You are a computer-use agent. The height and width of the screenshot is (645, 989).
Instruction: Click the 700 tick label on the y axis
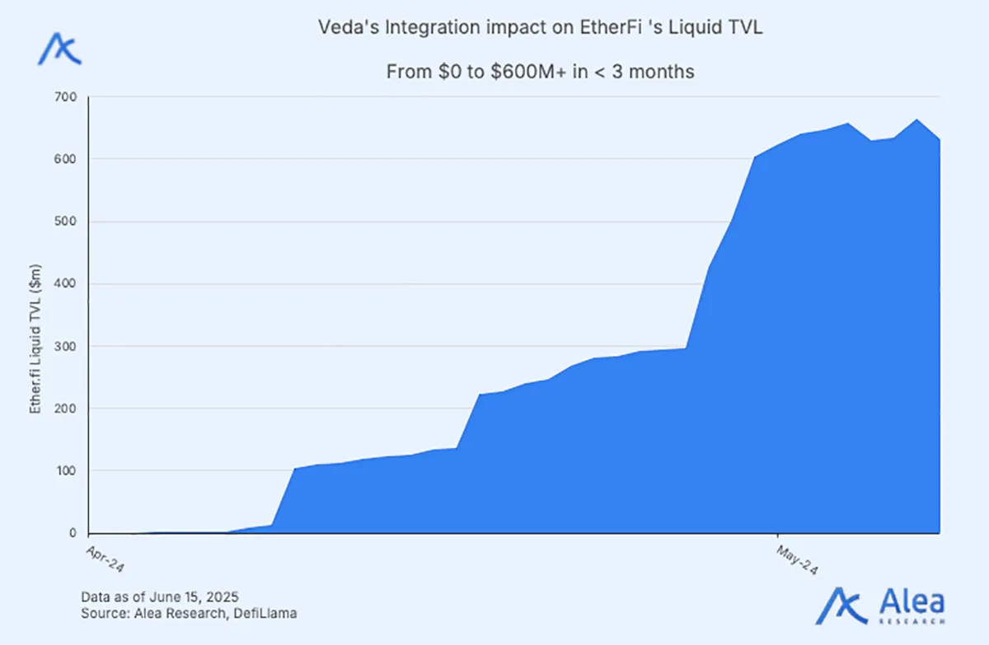tap(65, 97)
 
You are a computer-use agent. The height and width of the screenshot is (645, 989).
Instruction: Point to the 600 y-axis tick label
tap(65, 159)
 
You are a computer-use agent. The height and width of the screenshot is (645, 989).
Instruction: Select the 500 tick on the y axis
tap(65, 222)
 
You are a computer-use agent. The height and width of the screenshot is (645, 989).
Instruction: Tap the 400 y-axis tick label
tap(65, 284)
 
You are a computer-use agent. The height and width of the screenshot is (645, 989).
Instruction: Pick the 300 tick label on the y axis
tap(65, 347)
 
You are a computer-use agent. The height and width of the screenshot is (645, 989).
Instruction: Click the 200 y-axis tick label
tap(65, 409)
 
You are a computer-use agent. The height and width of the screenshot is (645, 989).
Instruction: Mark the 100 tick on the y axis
tap(65, 471)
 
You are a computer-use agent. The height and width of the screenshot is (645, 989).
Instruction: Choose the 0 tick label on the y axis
tap(72, 534)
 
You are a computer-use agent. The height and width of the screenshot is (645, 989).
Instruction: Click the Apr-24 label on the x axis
tap(105, 557)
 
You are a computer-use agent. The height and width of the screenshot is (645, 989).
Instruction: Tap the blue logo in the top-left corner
tap(59, 49)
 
